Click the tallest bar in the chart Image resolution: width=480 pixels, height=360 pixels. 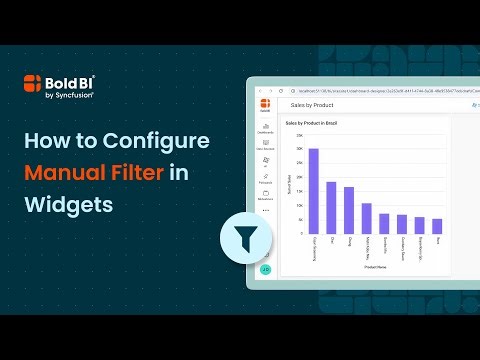point(313,191)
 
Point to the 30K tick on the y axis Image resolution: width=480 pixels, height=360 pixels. point(299,149)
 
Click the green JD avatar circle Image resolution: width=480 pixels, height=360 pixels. point(265,269)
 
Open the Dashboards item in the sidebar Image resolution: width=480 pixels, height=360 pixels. point(265,127)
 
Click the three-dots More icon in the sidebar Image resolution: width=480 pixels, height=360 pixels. point(265,211)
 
